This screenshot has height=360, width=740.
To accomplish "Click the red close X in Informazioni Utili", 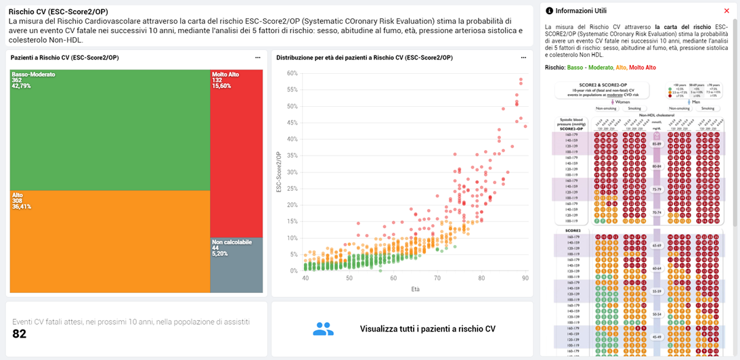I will click(726, 11).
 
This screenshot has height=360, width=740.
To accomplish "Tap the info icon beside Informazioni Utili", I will click(549, 11).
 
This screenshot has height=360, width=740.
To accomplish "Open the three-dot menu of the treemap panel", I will click(257, 58).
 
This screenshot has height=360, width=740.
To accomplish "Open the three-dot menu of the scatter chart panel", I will click(523, 58).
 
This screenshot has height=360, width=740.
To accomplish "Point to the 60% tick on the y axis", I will click(292, 73).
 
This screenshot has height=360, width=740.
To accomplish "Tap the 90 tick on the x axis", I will click(525, 278).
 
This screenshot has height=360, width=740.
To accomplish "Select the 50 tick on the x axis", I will click(349, 278).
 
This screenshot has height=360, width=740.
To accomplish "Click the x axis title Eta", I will click(415, 289).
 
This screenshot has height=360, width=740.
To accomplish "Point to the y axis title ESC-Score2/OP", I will click(279, 172).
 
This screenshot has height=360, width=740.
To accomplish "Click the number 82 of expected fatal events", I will click(20, 334).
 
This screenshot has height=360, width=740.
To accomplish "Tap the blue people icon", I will click(323, 329).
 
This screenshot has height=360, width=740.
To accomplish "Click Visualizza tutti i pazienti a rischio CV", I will click(427, 329).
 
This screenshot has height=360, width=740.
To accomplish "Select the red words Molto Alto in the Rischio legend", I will click(642, 68).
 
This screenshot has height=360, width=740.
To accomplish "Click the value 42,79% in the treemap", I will click(21, 86).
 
